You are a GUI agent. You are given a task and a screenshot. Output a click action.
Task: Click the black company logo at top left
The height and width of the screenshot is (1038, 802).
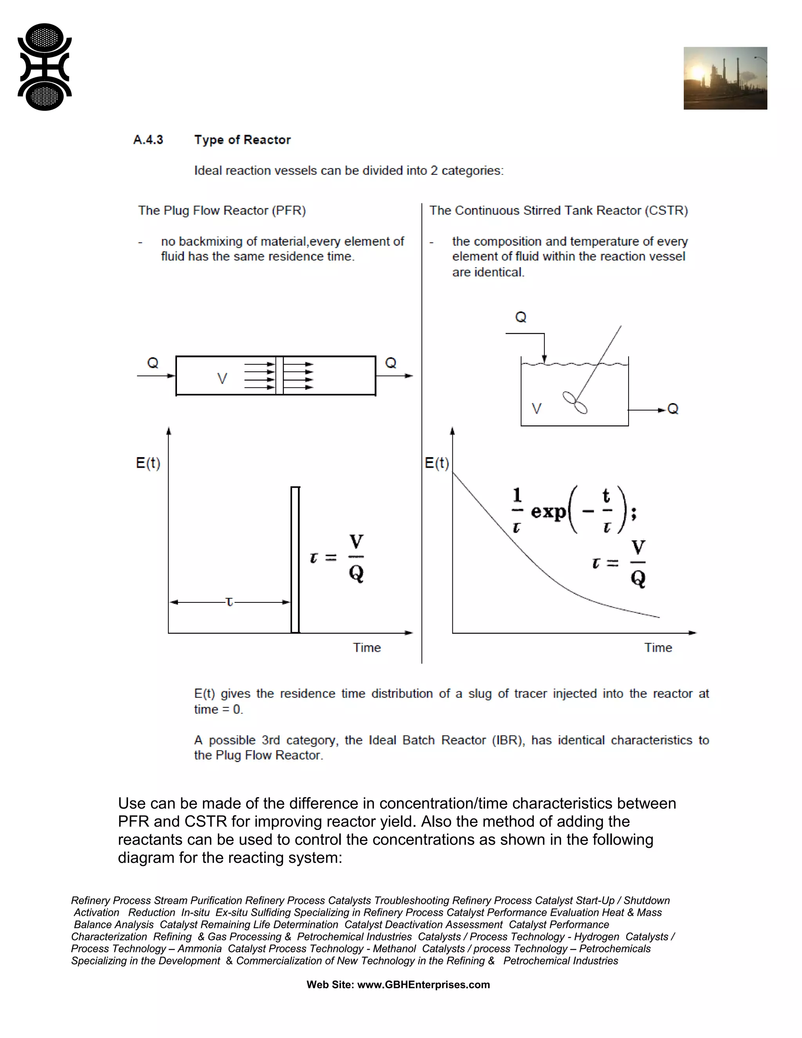tap(45, 67)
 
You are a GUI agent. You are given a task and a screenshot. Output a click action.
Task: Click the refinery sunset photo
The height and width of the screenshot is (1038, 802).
tap(725, 78)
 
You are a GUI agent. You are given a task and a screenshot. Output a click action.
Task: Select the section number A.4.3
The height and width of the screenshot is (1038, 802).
tap(148, 140)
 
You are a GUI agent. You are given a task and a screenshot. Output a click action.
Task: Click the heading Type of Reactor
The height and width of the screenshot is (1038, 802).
tap(242, 140)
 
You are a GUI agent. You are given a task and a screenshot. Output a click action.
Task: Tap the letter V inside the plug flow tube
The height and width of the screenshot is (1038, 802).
tap(222, 379)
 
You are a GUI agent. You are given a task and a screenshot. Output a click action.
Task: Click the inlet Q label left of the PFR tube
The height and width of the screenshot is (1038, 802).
tap(152, 363)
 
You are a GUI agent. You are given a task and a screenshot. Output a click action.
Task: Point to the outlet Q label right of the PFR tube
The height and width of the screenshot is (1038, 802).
tap(390, 363)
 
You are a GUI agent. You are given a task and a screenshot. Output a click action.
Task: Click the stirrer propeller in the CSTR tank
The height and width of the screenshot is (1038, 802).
tap(575, 403)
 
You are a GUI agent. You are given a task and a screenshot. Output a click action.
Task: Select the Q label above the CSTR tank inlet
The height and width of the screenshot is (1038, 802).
tap(521, 317)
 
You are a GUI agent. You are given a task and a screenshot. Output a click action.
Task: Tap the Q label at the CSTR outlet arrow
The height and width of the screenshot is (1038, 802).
tap(673, 409)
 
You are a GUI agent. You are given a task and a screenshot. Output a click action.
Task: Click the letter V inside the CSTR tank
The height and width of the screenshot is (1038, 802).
tap(536, 409)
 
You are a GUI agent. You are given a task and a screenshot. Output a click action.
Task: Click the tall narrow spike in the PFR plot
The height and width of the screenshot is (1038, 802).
tap(295, 559)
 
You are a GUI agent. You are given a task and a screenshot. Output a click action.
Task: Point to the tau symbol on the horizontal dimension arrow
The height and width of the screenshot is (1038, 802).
tap(229, 602)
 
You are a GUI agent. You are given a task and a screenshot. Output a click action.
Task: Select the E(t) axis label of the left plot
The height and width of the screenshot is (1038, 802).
tap(148, 463)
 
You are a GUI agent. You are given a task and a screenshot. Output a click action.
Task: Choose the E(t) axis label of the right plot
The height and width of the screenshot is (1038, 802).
tap(437, 463)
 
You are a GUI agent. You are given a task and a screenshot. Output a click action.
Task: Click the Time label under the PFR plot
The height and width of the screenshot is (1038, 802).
tap(367, 647)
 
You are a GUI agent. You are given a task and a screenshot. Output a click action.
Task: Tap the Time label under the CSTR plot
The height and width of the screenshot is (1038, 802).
tap(658, 647)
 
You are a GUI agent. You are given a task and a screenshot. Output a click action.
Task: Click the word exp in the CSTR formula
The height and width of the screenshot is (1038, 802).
tap(548, 512)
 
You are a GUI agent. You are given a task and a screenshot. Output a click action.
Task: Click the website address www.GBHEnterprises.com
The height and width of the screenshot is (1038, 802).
tap(423, 984)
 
